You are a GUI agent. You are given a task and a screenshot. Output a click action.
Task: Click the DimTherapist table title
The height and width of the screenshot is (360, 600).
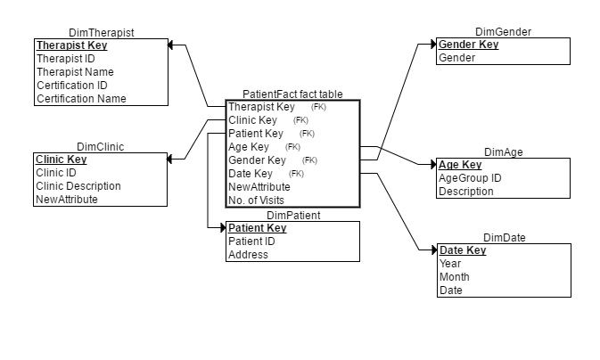[x=102, y=32]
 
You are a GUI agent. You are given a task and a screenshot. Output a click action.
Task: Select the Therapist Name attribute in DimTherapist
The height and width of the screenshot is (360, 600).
[x=74, y=72]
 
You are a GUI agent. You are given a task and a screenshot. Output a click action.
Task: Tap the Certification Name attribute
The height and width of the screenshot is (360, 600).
[x=81, y=99]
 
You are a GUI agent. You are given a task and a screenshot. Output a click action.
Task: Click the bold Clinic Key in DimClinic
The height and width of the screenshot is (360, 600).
[x=61, y=160]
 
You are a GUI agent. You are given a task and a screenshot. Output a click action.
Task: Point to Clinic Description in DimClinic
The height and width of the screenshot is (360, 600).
[x=78, y=186]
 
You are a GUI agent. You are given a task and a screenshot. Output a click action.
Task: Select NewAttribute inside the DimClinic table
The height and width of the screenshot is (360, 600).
[x=66, y=200]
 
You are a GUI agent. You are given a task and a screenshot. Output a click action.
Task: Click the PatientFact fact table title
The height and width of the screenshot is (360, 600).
[x=292, y=94]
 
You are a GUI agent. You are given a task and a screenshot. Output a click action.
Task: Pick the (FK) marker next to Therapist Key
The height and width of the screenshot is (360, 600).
[x=318, y=107]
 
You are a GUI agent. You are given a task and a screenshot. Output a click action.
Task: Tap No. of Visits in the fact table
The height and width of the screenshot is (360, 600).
[x=256, y=200]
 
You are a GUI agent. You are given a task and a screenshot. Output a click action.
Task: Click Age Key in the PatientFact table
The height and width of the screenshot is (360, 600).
[x=249, y=146]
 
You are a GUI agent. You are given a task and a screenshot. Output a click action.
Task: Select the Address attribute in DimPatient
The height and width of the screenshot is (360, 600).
[x=248, y=255]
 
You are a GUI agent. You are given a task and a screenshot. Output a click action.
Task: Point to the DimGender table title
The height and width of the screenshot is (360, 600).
[x=503, y=32]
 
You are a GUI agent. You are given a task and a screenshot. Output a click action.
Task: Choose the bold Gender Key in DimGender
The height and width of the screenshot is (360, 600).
[x=468, y=45]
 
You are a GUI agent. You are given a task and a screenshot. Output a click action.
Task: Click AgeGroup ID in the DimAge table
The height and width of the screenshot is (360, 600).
[x=470, y=178]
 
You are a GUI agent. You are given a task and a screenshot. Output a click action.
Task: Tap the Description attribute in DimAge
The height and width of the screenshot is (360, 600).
[x=465, y=192]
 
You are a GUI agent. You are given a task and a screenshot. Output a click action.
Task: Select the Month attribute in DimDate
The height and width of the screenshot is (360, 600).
[x=454, y=276]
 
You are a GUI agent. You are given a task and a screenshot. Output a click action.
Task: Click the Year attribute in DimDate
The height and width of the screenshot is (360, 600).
[x=449, y=264]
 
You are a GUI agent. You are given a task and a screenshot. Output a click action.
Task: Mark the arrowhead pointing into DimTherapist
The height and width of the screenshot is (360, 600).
[x=174, y=45]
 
